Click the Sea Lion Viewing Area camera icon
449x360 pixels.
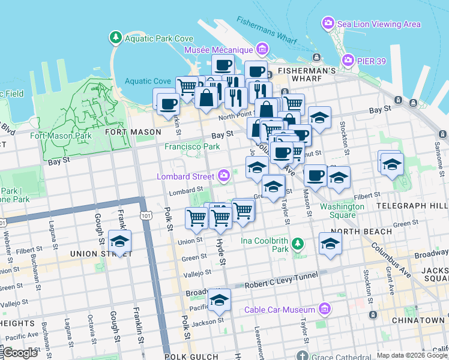coord(328,23)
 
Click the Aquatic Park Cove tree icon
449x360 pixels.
coord(115,38)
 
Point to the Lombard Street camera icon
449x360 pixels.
coord(224,175)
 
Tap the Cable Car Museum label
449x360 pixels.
coord(279,310)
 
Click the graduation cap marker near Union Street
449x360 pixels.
coord(120,242)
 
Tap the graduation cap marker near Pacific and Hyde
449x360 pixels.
coord(219,300)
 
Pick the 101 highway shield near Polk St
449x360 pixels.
coord(145,214)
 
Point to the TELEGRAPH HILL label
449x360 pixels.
coord(412,205)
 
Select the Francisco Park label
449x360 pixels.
coord(192,146)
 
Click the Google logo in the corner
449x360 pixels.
coord(20,353)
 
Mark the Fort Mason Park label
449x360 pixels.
coord(61,136)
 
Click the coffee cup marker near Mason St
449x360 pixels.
coord(315,175)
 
